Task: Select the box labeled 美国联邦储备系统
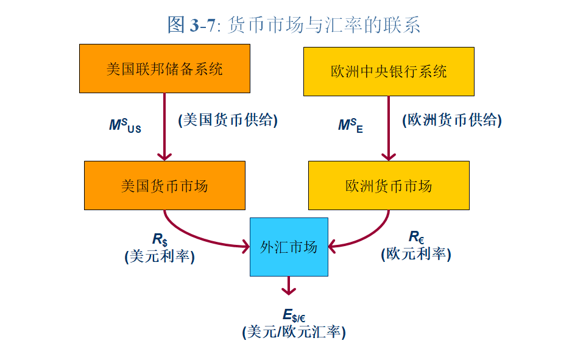[164, 68]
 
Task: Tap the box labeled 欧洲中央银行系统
[389, 71]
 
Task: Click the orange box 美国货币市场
[164, 186]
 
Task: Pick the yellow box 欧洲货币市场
[389, 186]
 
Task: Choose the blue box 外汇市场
[289, 247]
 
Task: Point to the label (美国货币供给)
[228, 121]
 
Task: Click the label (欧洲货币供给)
[452, 121]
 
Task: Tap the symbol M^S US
[125, 126]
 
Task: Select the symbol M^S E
[351, 126]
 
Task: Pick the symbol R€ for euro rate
[416, 237]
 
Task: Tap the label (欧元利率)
[416, 253]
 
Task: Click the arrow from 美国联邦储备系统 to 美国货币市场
[164, 128]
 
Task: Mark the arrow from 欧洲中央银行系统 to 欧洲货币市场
[389, 128]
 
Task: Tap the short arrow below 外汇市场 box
[289, 285]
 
